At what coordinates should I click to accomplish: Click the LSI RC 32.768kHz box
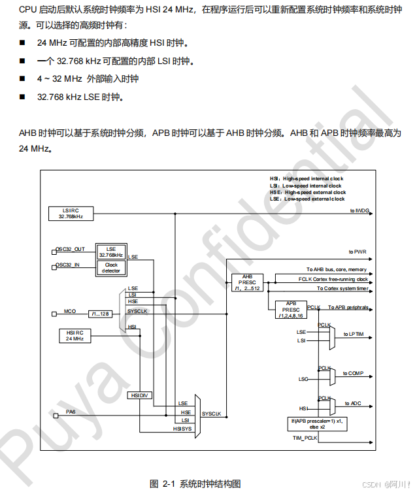tap(73, 213)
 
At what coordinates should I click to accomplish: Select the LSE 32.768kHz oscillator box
tap(110, 252)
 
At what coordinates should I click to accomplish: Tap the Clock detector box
tap(110, 267)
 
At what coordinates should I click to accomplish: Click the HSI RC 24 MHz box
tap(75, 335)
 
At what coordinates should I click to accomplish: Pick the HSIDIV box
tap(140, 395)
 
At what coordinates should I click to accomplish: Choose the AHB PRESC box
tap(247, 282)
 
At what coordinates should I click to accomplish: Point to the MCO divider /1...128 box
tap(101, 314)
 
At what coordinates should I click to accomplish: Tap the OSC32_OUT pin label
tap(70, 249)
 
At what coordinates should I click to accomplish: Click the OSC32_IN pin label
tap(68, 265)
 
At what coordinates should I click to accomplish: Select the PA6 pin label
tap(71, 412)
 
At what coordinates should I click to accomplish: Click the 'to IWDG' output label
tap(359, 210)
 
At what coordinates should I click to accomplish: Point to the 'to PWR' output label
tap(358, 252)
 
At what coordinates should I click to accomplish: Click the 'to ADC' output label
tap(353, 403)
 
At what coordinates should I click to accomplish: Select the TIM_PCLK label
tap(305, 437)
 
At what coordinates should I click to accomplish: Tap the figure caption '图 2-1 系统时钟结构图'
tap(195, 484)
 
